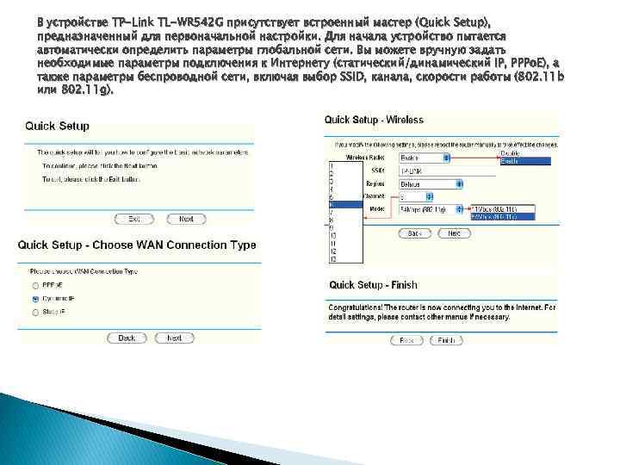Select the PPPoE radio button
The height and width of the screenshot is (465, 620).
click(x=34, y=285)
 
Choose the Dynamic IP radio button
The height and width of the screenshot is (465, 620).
click(x=34, y=298)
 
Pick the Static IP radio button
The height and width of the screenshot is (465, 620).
click(x=34, y=311)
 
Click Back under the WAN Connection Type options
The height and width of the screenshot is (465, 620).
click(x=127, y=338)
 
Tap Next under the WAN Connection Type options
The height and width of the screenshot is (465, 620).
click(x=175, y=338)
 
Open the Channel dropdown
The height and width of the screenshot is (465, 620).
click(x=422, y=196)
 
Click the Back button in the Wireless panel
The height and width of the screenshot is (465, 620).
click(x=414, y=233)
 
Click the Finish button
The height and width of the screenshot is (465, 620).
click(x=446, y=340)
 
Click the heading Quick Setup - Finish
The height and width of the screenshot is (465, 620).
click(x=373, y=285)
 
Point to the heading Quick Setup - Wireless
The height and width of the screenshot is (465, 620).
click(x=374, y=120)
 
